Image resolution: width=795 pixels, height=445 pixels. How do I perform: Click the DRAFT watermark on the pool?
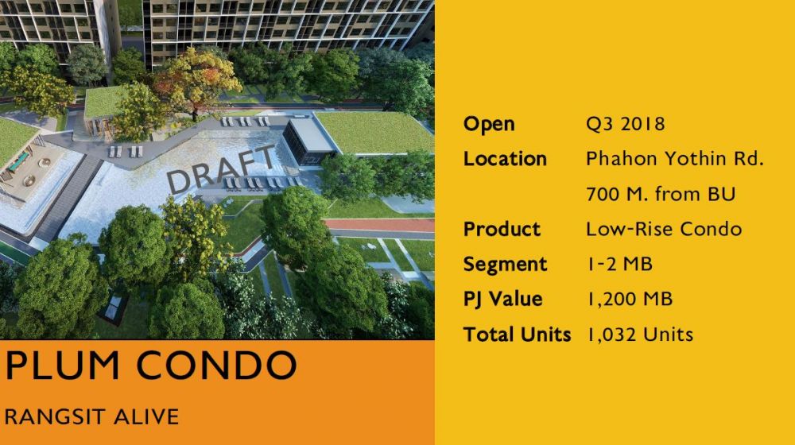[x=220, y=168]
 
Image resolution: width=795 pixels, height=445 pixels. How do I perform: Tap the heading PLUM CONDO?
[x=150, y=365]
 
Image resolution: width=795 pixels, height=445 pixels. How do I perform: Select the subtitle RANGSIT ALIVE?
[x=91, y=416]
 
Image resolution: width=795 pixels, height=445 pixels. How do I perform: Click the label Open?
[x=489, y=124]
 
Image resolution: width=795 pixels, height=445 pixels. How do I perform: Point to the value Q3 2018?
[x=625, y=124]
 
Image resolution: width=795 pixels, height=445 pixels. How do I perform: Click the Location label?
[x=505, y=159]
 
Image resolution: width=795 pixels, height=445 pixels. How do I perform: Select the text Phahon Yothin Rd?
[x=675, y=159]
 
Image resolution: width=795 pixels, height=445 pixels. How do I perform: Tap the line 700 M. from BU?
[x=661, y=194]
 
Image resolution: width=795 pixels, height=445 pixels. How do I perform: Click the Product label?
[x=502, y=229]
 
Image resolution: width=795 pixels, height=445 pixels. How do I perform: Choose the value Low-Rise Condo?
[x=664, y=229]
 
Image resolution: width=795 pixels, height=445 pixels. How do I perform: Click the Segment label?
[x=506, y=265]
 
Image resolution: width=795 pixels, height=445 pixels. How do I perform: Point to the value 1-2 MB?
[x=619, y=264]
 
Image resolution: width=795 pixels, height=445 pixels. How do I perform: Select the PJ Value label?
[x=503, y=300]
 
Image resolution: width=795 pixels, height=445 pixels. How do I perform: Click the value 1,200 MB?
[x=630, y=300]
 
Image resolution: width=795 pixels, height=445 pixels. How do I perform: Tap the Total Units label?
[x=518, y=335]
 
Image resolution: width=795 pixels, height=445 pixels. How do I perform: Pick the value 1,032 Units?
[x=640, y=335]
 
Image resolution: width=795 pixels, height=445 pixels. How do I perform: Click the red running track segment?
[x=379, y=225]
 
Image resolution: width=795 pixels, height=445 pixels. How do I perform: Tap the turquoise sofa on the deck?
[x=19, y=161]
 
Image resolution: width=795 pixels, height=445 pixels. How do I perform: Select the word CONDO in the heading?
[x=216, y=365]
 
